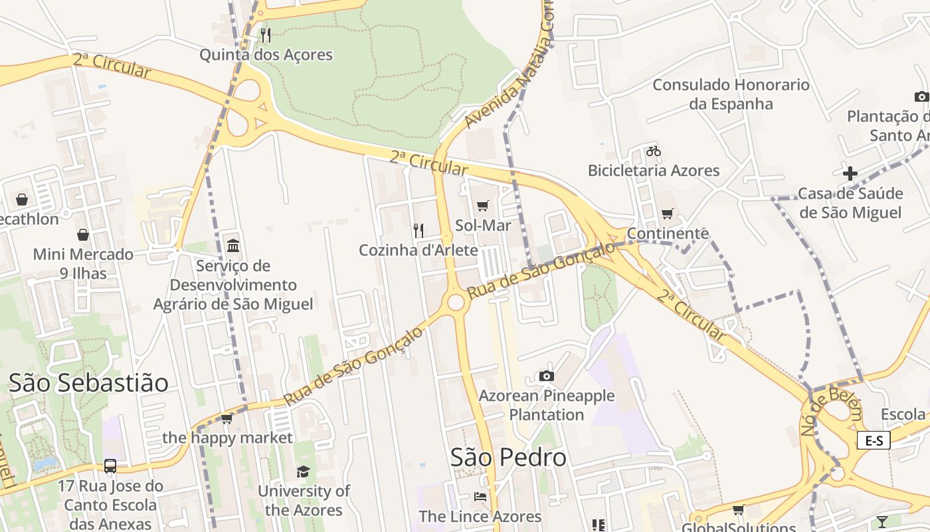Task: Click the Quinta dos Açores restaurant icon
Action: [x=266, y=35]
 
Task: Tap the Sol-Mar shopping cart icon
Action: [x=483, y=205]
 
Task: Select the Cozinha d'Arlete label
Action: [x=418, y=250]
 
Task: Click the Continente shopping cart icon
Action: [x=667, y=213]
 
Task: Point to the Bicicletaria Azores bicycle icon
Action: [x=654, y=151]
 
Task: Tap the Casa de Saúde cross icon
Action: [x=850, y=174]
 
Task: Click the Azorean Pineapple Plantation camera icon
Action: [x=546, y=376]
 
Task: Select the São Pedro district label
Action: [x=508, y=458]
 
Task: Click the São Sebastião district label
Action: [x=88, y=383]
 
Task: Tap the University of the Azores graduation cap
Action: [x=303, y=471]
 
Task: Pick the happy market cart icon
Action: [x=227, y=418]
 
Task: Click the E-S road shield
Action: [x=873, y=440]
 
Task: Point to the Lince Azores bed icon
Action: [x=480, y=497]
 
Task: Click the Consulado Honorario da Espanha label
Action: [x=731, y=94]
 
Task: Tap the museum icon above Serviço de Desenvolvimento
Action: [x=233, y=246]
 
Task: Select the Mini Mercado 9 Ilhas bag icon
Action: [x=83, y=235]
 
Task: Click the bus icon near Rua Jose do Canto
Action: [x=110, y=466]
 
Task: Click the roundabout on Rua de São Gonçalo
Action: [x=456, y=303]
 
